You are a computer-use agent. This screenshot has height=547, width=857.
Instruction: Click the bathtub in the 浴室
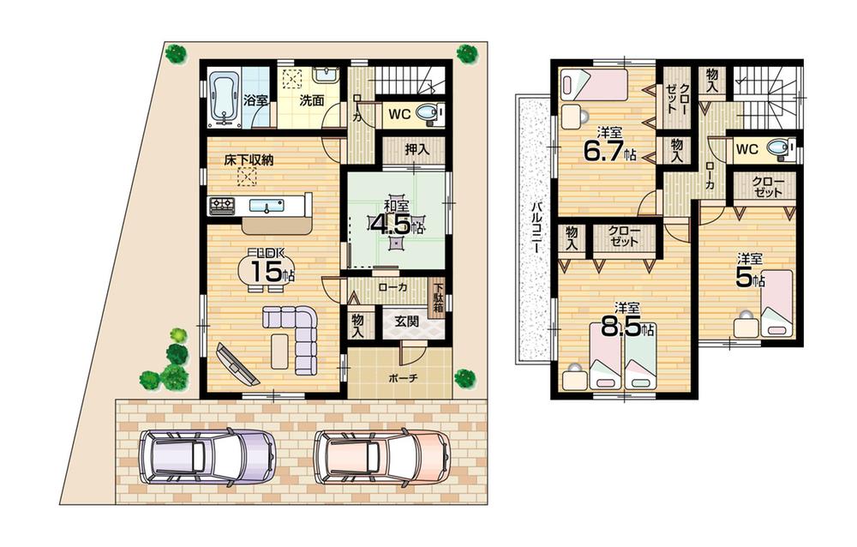click(222, 99)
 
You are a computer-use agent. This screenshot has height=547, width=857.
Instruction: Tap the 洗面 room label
click(311, 100)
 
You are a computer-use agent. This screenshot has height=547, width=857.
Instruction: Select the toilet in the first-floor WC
click(428, 113)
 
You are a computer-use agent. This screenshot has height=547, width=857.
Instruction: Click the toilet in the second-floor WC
click(778, 148)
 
